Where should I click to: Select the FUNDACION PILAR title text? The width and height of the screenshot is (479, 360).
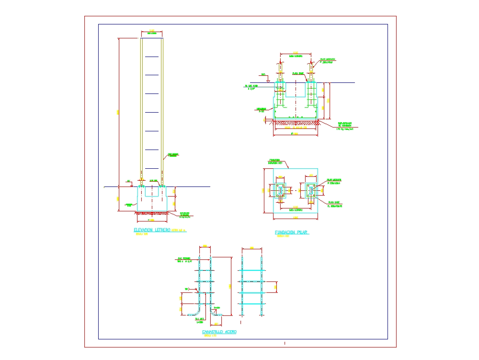[292, 232]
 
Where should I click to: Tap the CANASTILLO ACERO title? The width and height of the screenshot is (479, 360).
[219, 332]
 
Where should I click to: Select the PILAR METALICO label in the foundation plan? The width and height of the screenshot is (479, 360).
[334, 181]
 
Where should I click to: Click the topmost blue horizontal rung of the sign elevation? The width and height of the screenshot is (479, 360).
[151, 57]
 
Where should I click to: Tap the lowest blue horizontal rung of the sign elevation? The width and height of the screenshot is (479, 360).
[151, 168]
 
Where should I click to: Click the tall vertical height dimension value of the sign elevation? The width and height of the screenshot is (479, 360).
[118, 112]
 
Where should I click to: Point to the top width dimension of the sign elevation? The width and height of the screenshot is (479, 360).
[152, 32]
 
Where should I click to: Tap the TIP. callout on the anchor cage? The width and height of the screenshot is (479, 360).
[187, 289]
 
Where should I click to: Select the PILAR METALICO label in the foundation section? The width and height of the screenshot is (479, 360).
[327, 61]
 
